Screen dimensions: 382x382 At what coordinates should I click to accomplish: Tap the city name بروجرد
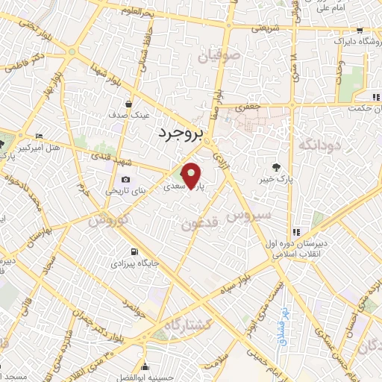180,134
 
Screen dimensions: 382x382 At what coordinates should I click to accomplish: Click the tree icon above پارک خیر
278,167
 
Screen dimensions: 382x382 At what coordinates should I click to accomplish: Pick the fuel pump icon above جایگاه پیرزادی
134,251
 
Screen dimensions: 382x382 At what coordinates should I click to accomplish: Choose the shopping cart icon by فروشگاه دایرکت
360,31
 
